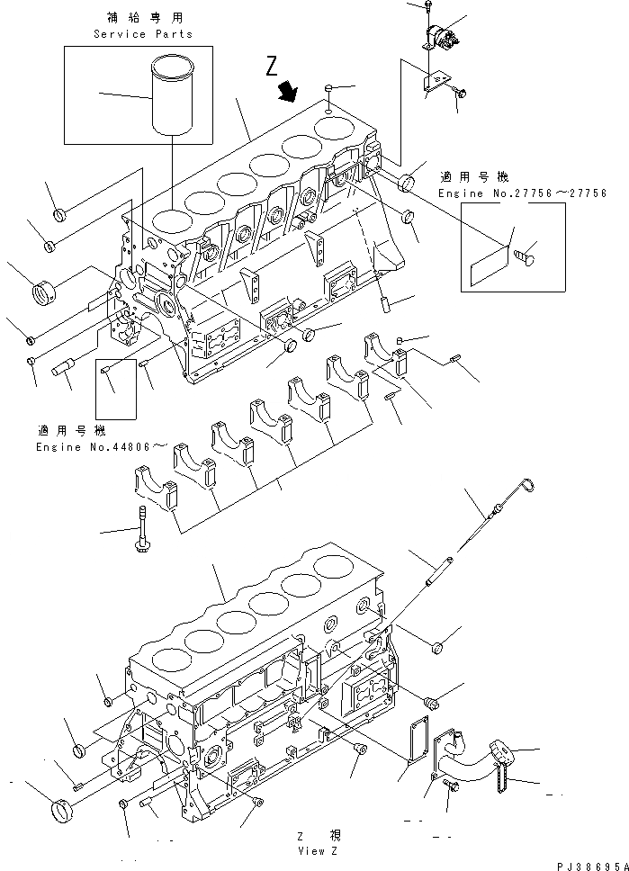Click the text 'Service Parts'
[x=143, y=34]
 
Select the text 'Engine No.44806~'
[x=102, y=447]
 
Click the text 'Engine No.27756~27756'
[x=522, y=193]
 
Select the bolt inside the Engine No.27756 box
[x=526, y=256]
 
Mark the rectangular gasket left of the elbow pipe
[x=415, y=738]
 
